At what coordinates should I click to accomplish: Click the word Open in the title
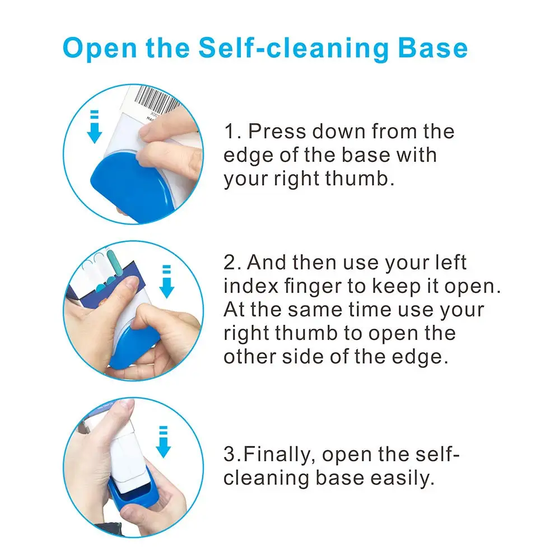point(100,48)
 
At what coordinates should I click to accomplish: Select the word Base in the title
point(433,48)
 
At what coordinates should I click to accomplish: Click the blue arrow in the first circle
point(95,127)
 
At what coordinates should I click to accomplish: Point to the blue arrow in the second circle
point(167,282)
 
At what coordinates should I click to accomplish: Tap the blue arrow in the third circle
point(163,442)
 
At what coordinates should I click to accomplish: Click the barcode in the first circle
point(157,98)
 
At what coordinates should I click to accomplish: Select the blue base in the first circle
point(130,188)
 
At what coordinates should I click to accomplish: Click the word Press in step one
point(277,132)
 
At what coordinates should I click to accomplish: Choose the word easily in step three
point(402,479)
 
